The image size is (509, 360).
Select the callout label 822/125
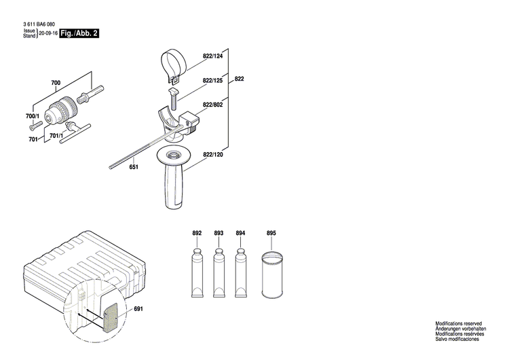[x=212, y=80]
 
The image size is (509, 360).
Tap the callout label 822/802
[x=212, y=105]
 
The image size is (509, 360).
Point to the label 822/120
[x=212, y=156]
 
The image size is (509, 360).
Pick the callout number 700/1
[x=33, y=118]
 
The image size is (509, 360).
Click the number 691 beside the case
[x=139, y=310]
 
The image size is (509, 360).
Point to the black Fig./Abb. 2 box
[x=79, y=33]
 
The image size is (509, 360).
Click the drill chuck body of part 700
[x=62, y=108]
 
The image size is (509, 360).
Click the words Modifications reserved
[x=458, y=324]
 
